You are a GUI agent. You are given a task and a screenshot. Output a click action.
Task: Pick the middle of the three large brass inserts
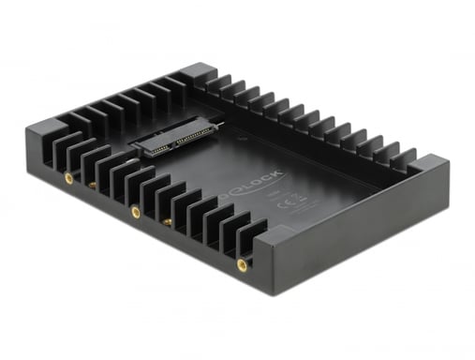click(x=136, y=212)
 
